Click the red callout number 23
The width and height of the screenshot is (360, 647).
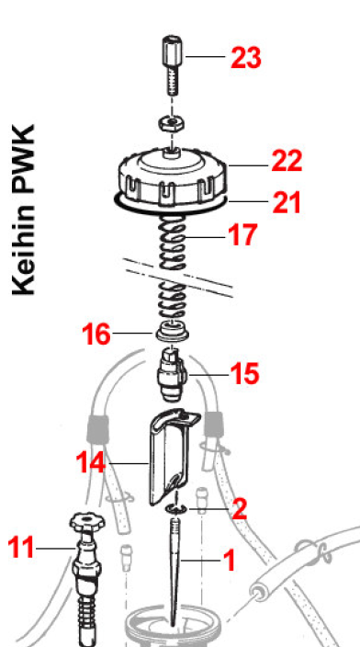point(246,58)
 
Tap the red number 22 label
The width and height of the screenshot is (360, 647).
point(287,161)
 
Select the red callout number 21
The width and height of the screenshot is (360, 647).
point(287,202)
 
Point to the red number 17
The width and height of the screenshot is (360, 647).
point(242,234)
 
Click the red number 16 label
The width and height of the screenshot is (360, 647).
point(96,334)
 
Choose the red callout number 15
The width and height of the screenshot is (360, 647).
point(245,374)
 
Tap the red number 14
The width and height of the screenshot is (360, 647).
point(91,462)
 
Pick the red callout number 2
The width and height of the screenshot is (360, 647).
point(240,509)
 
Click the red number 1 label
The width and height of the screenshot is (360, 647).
point(229,560)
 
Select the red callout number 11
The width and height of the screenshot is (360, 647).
point(21,548)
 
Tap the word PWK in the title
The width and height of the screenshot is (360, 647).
point(24,162)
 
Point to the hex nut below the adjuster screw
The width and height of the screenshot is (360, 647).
point(172,123)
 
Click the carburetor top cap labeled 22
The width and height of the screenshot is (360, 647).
point(173,176)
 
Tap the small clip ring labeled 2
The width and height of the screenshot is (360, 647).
point(176,509)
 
